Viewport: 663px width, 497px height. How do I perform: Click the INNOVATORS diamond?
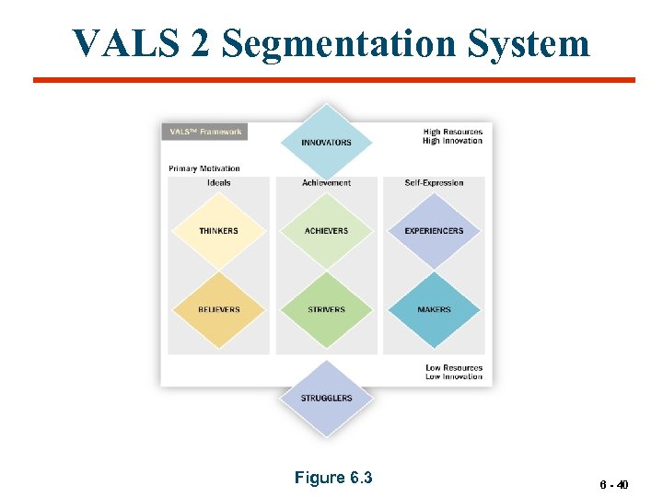pos(326,142)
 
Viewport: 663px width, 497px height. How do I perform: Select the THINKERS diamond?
pos(218,230)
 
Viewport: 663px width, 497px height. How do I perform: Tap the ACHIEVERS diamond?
pos(326,230)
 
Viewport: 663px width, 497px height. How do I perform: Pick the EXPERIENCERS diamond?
pos(434,230)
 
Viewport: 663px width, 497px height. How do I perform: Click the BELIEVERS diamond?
pos(218,309)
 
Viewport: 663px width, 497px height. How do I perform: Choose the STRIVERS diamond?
pos(326,309)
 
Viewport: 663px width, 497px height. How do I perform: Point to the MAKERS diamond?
pos(434,309)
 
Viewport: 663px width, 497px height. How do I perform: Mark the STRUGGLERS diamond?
pos(326,398)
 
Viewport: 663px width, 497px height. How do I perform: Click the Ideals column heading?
pos(218,182)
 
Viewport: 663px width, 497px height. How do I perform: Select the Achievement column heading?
pos(326,182)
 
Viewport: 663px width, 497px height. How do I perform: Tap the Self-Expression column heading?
pos(434,182)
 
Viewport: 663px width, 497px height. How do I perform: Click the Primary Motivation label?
pos(204,168)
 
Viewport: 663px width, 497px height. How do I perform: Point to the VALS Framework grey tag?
pos(204,132)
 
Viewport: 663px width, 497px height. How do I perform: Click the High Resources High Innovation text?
pos(452,136)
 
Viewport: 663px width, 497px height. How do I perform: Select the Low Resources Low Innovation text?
pos(454,372)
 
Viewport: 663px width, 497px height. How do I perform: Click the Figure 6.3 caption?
pos(332,477)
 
